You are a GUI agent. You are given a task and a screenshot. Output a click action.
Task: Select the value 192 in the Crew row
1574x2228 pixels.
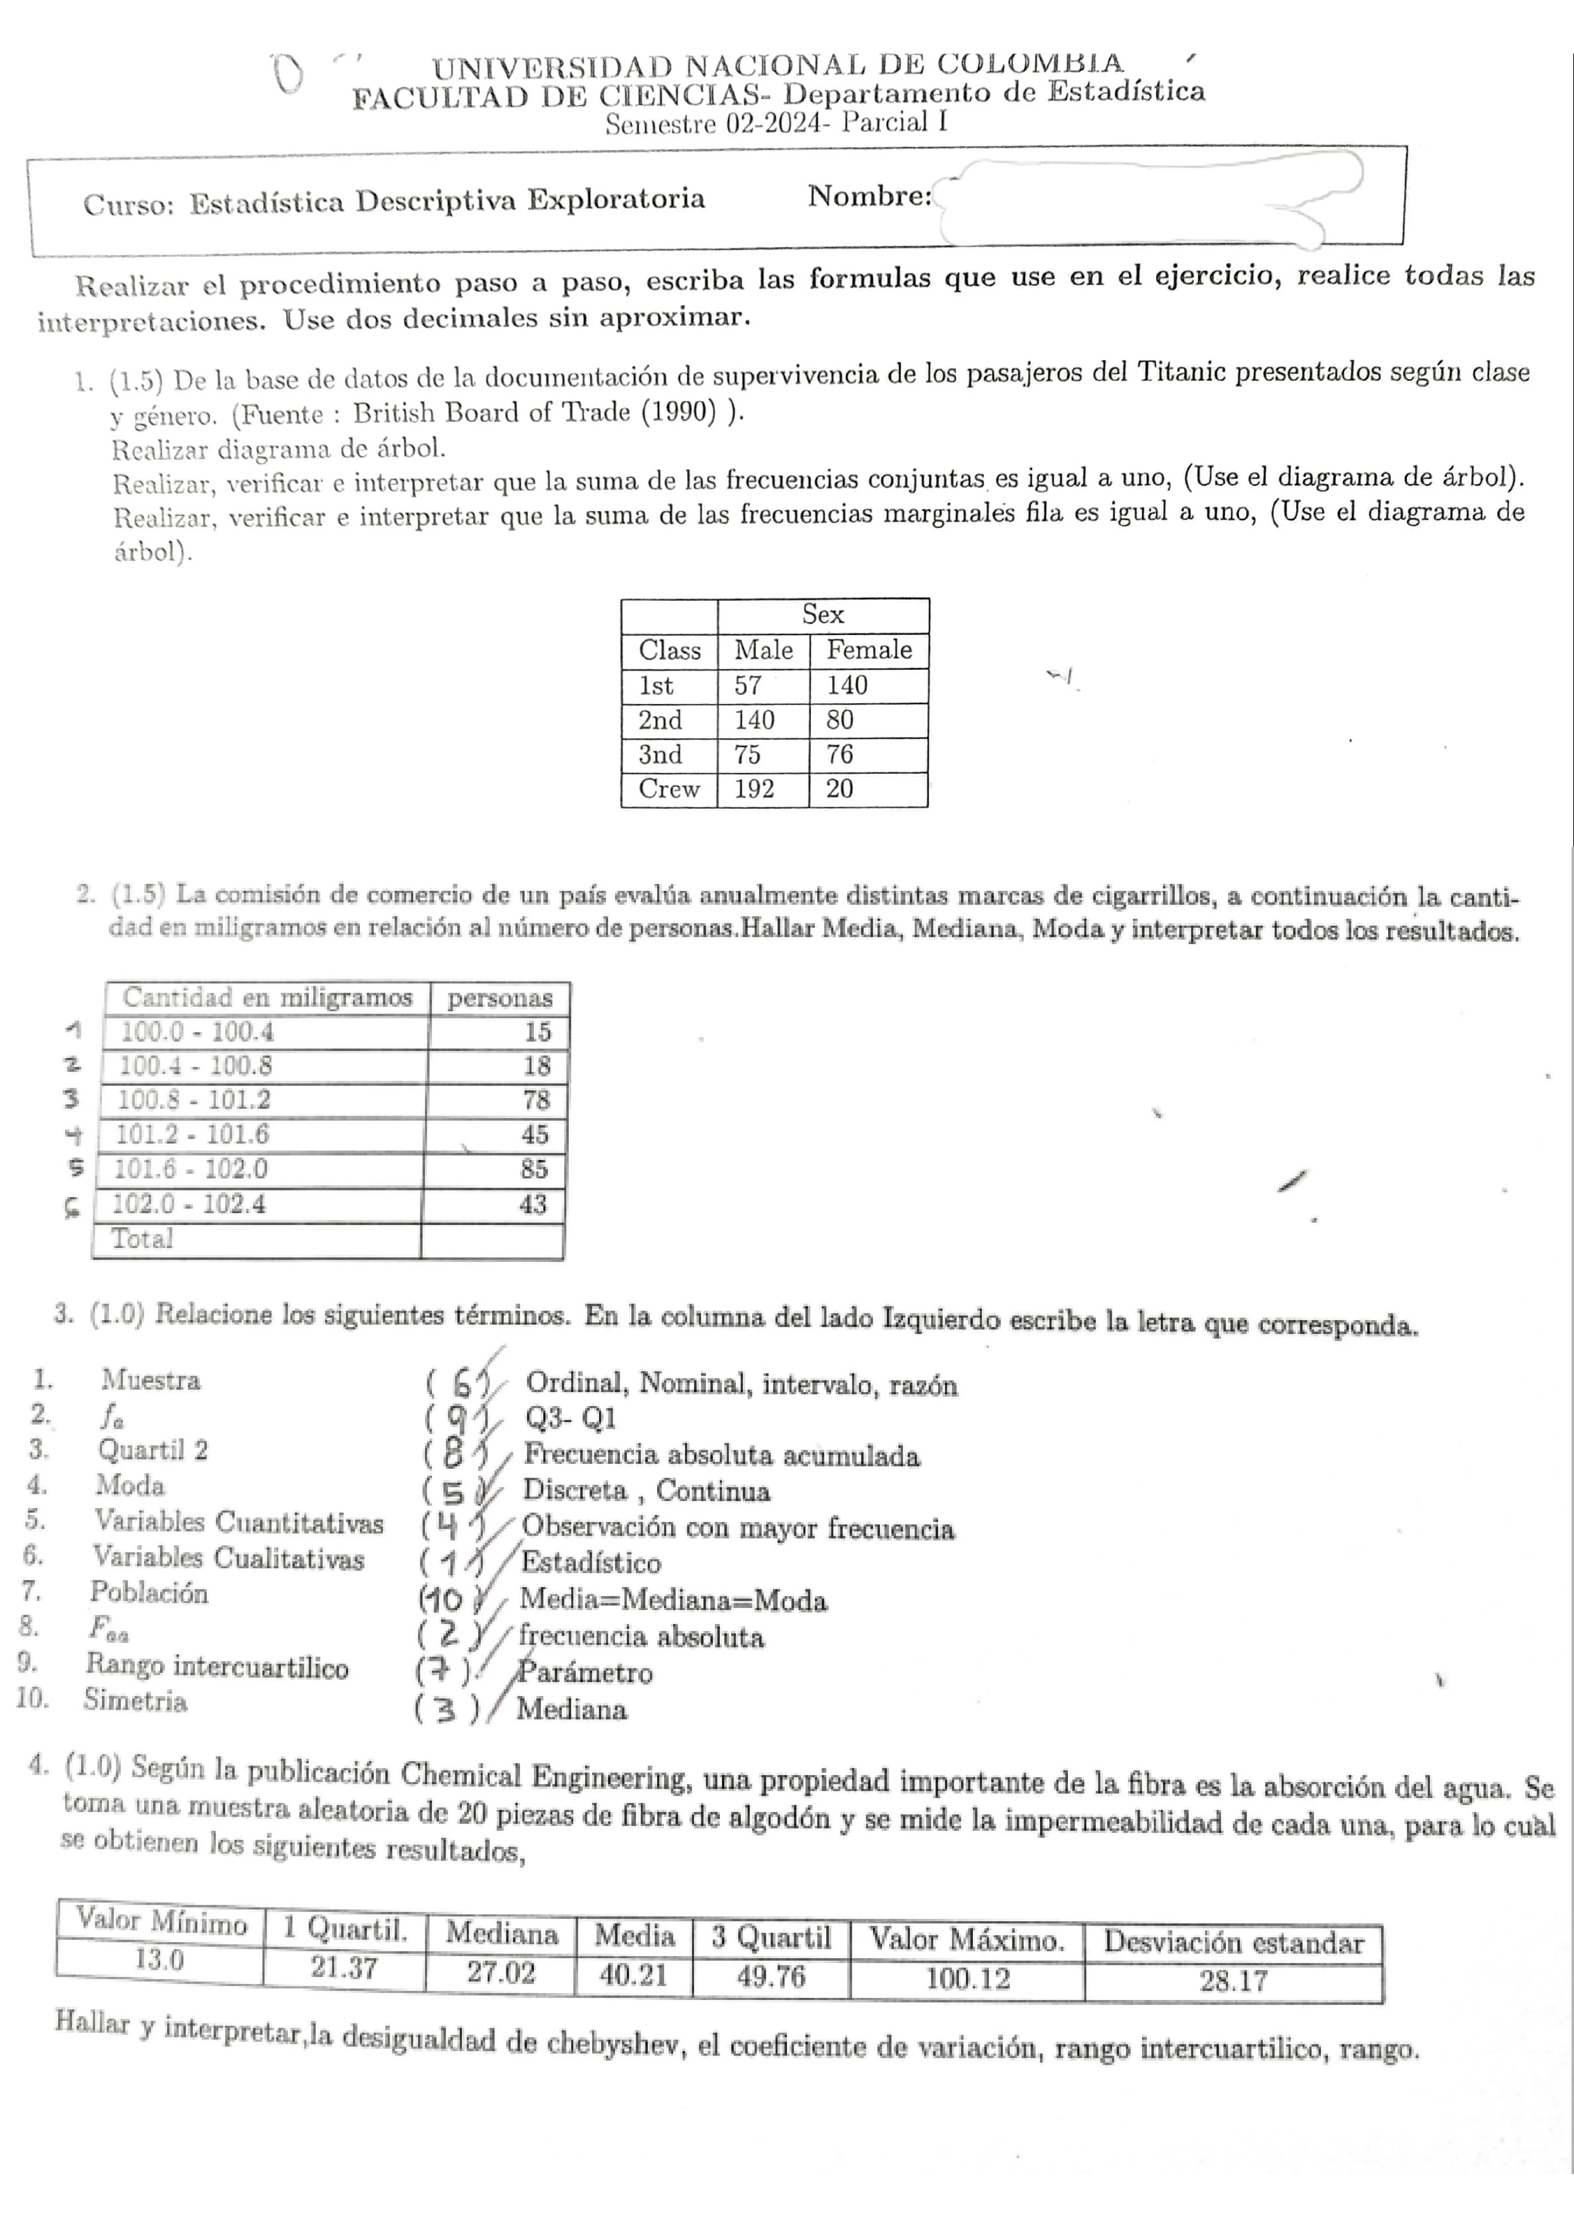tap(754, 789)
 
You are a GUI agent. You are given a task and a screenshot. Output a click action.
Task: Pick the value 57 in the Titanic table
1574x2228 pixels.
tap(748, 685)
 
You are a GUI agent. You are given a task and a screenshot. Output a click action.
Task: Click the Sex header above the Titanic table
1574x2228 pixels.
tap(823, 614)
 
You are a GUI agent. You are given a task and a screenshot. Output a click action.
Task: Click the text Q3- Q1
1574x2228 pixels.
tap(570, 1418)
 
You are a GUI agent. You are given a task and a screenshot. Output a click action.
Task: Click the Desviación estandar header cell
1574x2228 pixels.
tap(1233, 1943)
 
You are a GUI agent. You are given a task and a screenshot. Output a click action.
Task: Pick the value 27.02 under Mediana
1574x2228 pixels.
tap(501, 1973)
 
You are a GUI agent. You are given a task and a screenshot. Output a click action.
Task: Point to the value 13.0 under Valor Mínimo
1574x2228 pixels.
tap(159, 1959)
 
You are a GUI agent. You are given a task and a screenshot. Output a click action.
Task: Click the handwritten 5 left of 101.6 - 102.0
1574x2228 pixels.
tap(76, 1168)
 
